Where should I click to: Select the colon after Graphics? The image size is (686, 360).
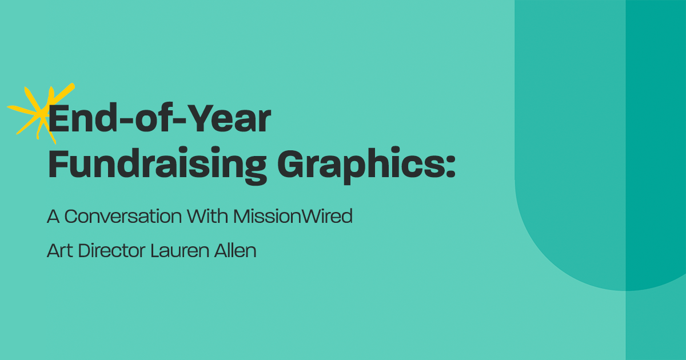pyautogui.click(x=450, y=167)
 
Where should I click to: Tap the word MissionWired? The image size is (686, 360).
pyautogui.click(x=293, y=217)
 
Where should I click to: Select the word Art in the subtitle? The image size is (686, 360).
pyautogui.click(x=59, y=251)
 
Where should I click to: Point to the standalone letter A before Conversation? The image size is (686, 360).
pyautogui.click(x=53, y=217)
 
